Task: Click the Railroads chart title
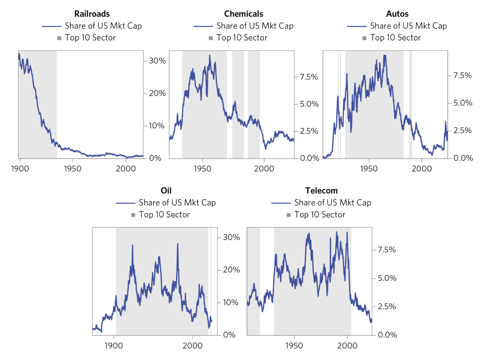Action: (92, 14)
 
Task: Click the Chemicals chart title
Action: (243, 14)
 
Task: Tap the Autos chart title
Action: (397, 14)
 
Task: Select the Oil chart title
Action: (166, 191)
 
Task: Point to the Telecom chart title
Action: (321, 191)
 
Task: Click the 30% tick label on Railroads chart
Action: (157, 61)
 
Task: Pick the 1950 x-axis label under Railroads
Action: (73, 169)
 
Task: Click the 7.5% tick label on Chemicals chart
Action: (309, 77)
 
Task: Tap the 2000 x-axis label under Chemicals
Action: (264, 169)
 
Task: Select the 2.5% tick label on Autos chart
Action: (462, 130)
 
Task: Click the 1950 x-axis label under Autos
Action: (369, 169)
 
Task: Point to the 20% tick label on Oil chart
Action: (231, 270)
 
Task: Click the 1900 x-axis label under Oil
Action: (114, 346)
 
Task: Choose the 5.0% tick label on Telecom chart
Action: (387, 278)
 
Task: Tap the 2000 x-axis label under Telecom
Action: (347, 346)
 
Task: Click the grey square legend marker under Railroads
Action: (59, 38)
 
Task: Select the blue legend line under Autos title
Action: (357, 26)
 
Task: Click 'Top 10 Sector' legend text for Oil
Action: (164, 215)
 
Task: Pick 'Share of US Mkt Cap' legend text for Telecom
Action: (333, 203)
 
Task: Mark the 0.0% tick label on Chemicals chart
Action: (309, 158)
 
